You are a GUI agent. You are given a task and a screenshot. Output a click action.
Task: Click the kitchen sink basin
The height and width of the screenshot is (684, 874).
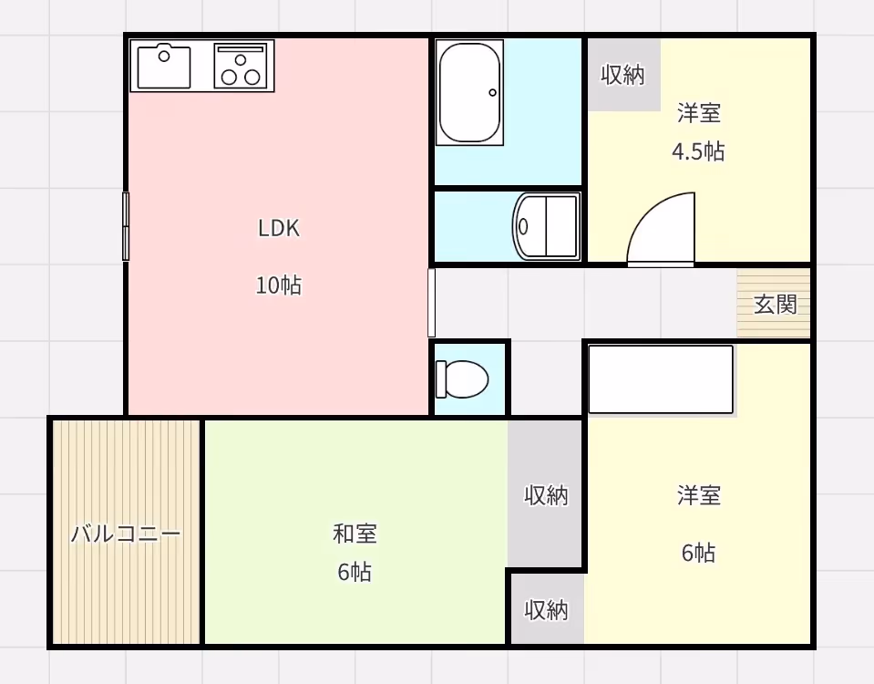pos(164,67)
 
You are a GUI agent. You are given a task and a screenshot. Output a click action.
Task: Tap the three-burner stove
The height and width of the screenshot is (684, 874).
pos(241,66)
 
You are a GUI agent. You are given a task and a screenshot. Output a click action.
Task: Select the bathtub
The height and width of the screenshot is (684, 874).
pos(469,93)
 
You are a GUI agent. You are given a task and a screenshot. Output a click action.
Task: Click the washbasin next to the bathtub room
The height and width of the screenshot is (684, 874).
pos(546,226)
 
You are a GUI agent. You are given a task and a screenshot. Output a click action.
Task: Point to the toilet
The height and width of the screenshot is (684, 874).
pos(461,379)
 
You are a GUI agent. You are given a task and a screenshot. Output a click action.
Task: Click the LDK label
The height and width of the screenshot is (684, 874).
pos(279,228)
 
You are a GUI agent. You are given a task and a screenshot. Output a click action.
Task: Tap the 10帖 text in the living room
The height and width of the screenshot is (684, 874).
pos(279,285)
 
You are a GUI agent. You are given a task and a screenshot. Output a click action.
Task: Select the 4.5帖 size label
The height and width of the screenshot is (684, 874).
pos(698,151)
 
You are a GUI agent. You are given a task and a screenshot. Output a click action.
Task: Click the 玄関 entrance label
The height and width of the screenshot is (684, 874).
pos(775,305)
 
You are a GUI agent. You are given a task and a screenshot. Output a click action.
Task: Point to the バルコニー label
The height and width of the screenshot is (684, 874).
pos(126,534)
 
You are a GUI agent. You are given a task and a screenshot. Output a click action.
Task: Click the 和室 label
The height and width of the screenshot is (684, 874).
pos(355,534)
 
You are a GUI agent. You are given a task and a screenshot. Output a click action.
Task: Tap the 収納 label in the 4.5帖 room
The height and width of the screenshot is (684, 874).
pos(623,75)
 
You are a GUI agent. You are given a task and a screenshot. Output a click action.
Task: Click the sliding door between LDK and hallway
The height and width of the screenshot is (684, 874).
pos(431,303)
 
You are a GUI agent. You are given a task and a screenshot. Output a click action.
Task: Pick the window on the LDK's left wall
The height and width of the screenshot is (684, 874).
pos(126,226)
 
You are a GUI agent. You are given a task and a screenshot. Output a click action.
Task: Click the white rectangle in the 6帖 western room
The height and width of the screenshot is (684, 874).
pos(661,379)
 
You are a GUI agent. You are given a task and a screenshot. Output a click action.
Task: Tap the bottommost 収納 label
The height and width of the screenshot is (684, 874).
pos(546,610)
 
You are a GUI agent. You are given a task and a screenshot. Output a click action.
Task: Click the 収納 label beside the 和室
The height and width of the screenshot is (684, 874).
pos(546,495)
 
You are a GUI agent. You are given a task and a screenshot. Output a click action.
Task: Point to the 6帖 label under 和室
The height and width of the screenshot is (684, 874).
pos(355,572)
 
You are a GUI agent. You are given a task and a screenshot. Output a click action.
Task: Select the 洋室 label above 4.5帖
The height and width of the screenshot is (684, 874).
pos(699,113)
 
